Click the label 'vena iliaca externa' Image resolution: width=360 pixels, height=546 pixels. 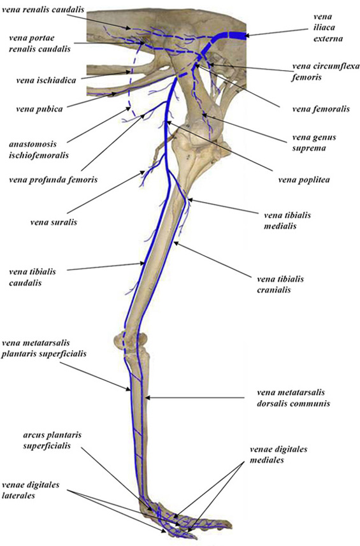[x=328, y=27]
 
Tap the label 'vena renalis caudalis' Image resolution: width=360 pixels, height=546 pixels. [x=43, y=10]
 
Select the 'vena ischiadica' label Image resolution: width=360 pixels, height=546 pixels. [x=46, y=80]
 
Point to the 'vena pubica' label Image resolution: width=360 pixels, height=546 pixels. [x=40, y=109]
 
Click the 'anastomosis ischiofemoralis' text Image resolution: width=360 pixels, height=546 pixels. [x=39, y=149]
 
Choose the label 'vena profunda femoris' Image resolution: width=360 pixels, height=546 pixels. [x=54, y=180]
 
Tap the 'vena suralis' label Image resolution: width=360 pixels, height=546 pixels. [x=54, y=222]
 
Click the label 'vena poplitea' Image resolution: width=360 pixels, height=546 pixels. [x=304, y=180]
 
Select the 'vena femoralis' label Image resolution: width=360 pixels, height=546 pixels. [x=321, y=109]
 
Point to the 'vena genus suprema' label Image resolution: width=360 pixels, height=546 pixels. [x=314, y=143]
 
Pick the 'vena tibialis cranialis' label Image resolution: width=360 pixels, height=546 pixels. [x=280, y=284]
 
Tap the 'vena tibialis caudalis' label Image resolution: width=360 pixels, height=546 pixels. [x=32, y=277]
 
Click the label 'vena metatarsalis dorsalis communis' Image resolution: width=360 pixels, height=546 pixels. [x=294, y=398]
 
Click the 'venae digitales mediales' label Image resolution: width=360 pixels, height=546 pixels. [x=278, y=454]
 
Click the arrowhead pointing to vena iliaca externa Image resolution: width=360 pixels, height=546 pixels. [x=248, y=35]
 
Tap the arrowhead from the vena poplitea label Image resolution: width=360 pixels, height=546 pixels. [x=169, y=122]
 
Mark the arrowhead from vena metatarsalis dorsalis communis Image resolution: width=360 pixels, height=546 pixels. [x=147, y=398]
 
